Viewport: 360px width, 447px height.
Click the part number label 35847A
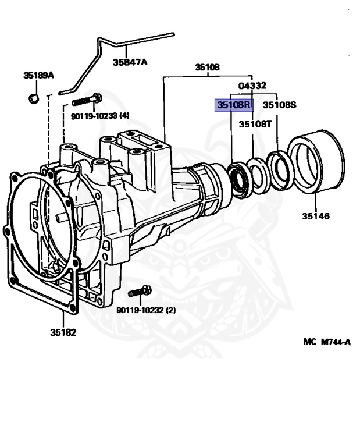(x=130, y=62)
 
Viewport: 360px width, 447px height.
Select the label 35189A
(x=38, y=75)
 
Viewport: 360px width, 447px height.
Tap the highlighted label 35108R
(x=233, y=105)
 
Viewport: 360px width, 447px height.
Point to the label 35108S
(x=279, y=105)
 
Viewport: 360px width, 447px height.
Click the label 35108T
(x=255, y=124)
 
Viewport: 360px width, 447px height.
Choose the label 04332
(x=252, y=86)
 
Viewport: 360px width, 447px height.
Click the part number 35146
(x=315, y=217)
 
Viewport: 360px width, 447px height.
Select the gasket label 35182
(x=62, y=333)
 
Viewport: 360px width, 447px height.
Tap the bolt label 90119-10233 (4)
(x=100, y=116)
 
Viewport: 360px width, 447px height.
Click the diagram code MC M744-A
(x=326, y=342)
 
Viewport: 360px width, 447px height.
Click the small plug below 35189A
(x=34, y=98)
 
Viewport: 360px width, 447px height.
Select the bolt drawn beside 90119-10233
(x=87, y=100)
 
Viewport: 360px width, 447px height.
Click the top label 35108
(x=207, y=68)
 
